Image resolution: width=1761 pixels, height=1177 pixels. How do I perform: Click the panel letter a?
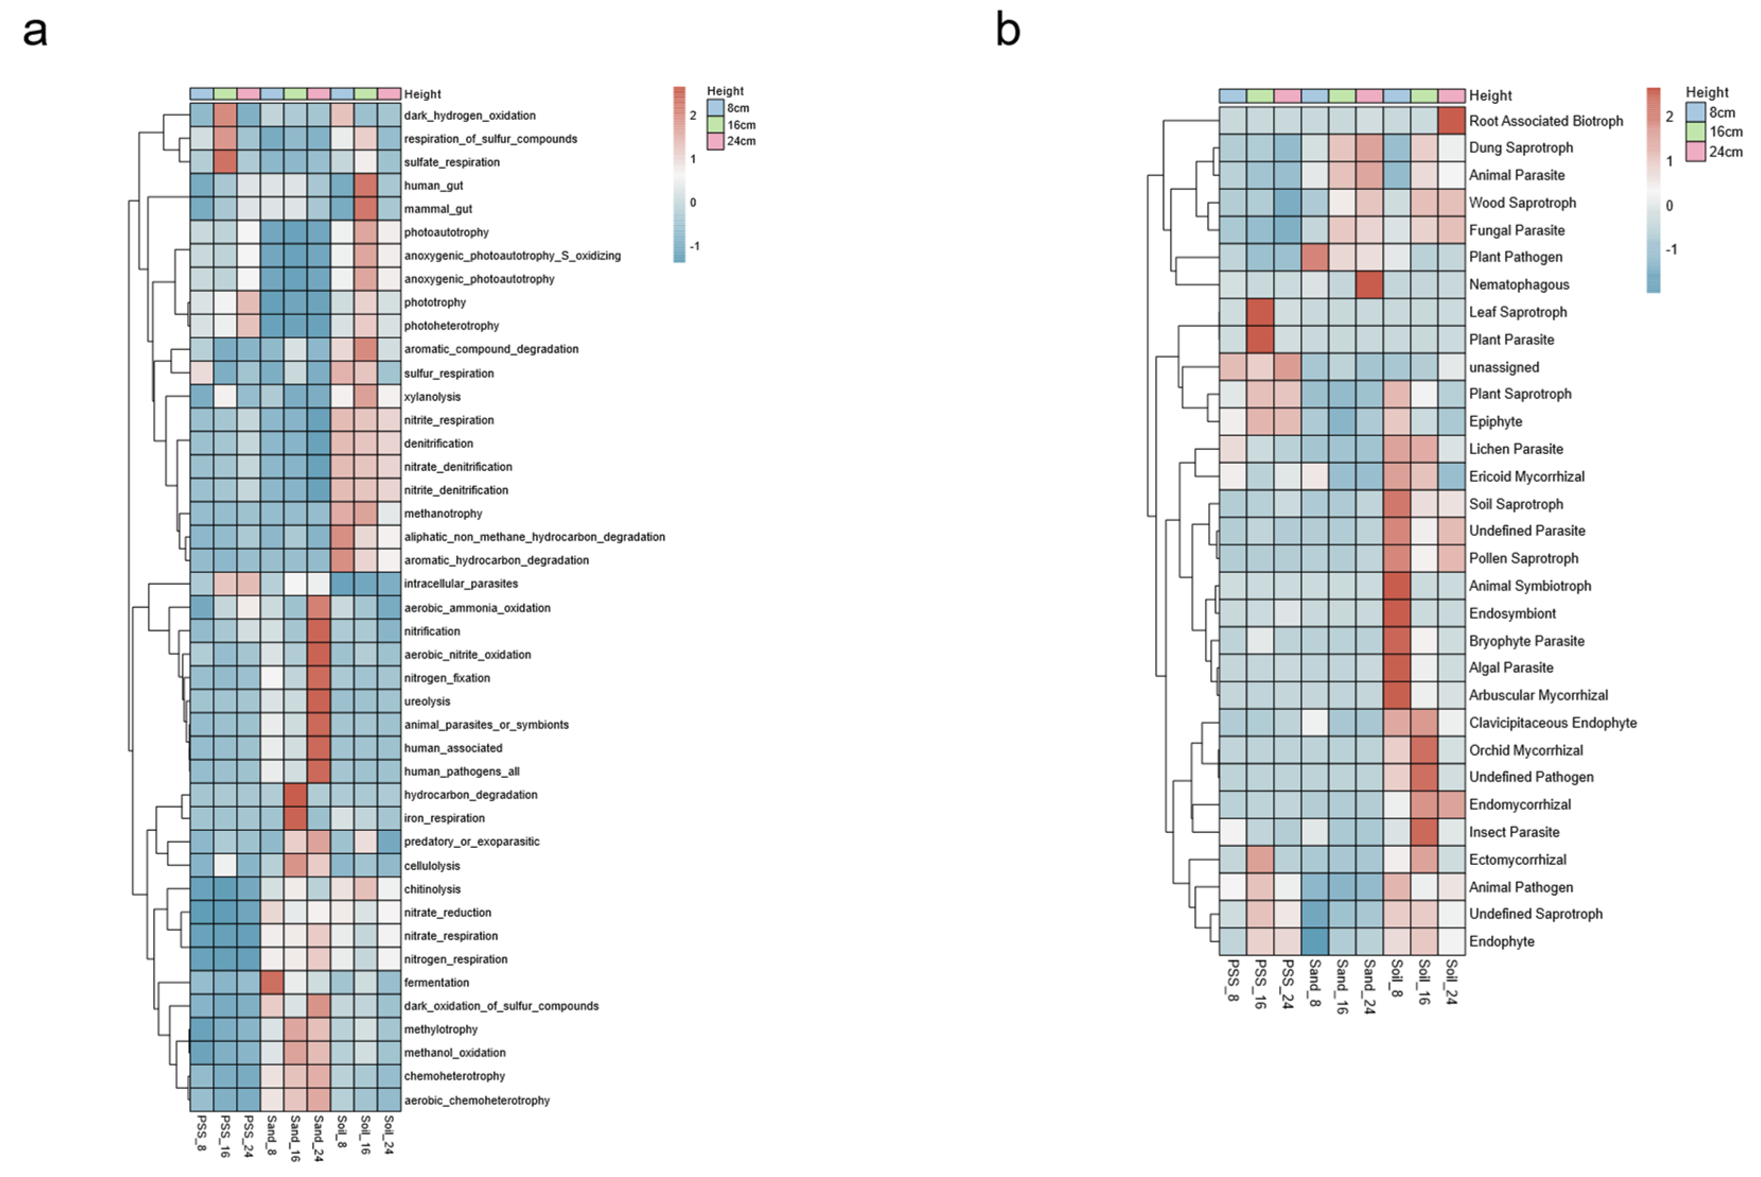coord(34,31)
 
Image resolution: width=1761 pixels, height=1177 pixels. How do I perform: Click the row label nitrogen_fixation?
coord(447,678)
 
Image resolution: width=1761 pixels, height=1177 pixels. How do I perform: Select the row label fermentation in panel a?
coord(436,983)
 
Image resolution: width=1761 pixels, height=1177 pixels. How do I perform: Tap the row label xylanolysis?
coord(433,396)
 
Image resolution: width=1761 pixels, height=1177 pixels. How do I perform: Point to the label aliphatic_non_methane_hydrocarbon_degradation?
coord(534,537)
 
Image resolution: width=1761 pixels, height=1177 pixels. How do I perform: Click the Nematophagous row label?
coord(1519,285)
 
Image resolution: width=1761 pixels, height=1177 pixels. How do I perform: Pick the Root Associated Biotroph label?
coord(1546,121)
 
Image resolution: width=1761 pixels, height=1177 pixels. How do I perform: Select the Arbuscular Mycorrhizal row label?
coord(1538,695)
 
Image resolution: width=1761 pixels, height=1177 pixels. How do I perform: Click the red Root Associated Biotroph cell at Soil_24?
coord(1451,121)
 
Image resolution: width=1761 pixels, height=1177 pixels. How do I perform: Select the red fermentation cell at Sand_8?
coord(272,982)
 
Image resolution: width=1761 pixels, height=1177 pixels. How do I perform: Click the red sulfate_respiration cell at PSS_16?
coord(225,162)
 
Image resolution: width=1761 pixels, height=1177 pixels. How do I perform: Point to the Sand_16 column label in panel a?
coord(295,1138)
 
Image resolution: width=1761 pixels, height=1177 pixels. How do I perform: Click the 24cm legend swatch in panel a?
coord(715,141)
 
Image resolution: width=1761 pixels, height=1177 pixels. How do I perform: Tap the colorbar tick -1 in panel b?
coord(1670,249)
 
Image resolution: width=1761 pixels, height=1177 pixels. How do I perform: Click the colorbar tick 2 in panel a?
coord(693,116)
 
